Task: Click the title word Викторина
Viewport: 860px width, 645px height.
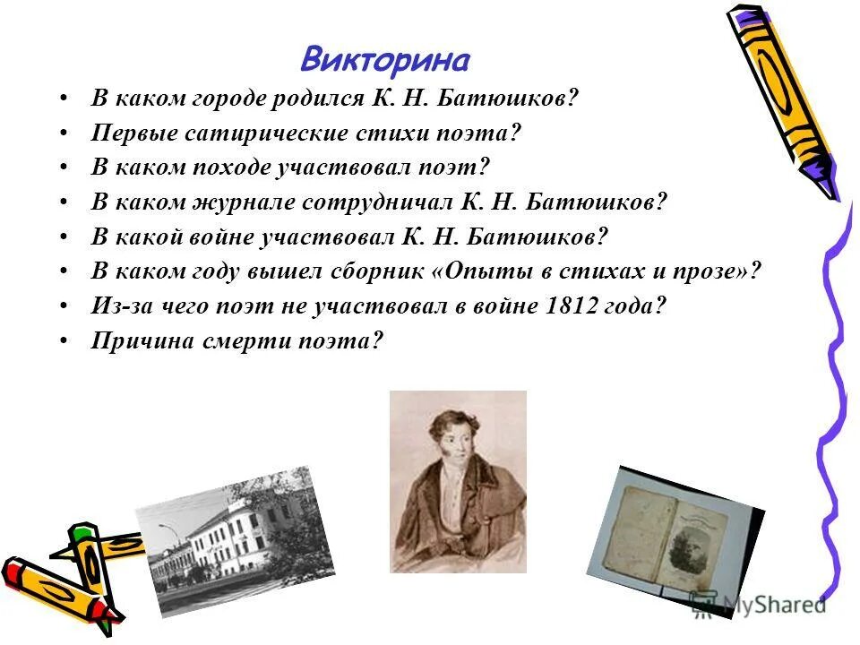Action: click(x=385, y=60)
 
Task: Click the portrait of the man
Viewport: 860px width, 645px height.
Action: click(x=458, y=481)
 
